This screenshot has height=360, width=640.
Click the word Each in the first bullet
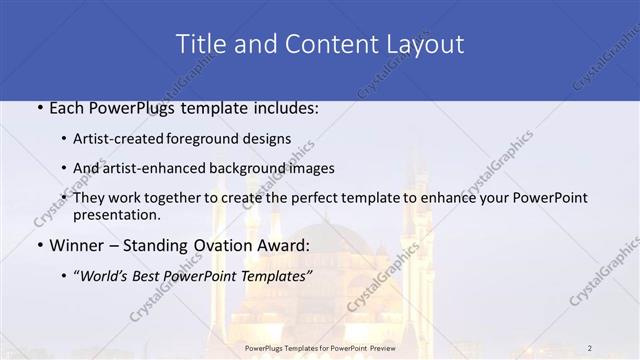click(68, 107)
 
